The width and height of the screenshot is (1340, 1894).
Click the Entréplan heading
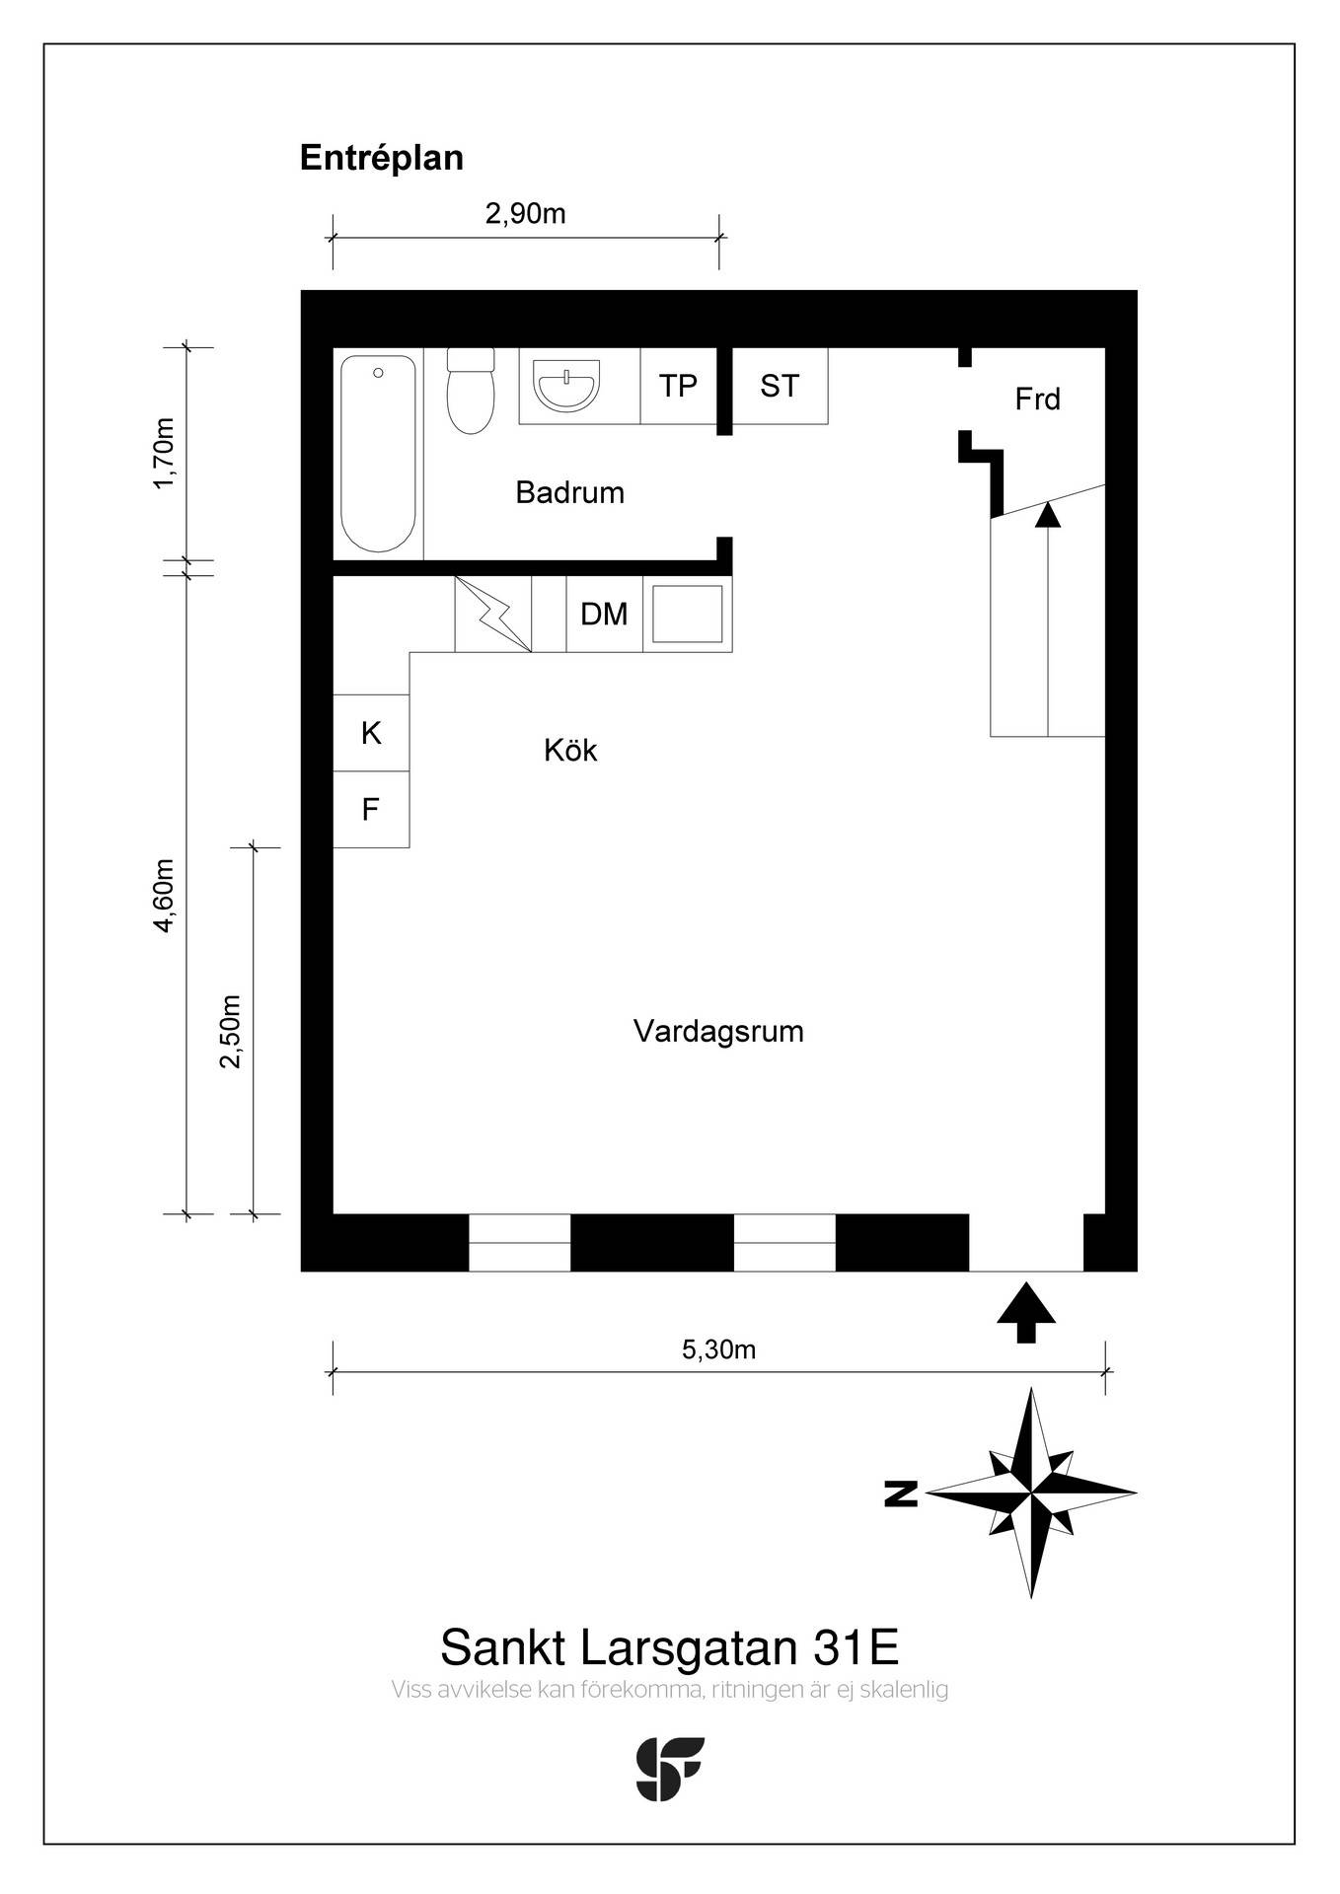[x=382, y=158]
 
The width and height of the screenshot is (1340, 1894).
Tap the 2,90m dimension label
[x=525, y=213]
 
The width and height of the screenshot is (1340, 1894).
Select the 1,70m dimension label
[x=164, y=453]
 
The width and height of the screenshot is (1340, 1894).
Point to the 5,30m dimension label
[x=718, y=1348]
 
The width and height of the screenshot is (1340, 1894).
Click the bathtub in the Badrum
[x=378, y=454]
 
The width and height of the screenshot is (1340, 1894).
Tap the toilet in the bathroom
[x=471, y=391]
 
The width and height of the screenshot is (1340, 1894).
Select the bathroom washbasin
[x=565, y=385]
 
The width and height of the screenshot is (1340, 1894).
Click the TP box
[x=678, y=386]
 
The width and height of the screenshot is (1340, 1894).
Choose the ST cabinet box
[x=780, y=386]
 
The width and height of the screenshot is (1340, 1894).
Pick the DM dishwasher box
[x=604, y=614]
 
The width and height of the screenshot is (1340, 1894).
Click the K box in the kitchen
[x=371, y=733]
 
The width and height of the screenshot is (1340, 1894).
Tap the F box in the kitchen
[x=371, y=810]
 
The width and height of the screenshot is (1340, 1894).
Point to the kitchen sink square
[x=688, y=614]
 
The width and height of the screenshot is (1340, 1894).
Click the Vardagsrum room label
[x=718, y=1032]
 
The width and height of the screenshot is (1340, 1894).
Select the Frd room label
[x=1037, y=399]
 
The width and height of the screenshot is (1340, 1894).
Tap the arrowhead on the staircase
[x=1048, y=514]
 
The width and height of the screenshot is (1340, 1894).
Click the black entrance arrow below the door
[x=1026, y=1313]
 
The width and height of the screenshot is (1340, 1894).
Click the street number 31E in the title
[x=856, y=1647]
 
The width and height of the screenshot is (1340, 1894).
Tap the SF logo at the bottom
[x=670, y=1769]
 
